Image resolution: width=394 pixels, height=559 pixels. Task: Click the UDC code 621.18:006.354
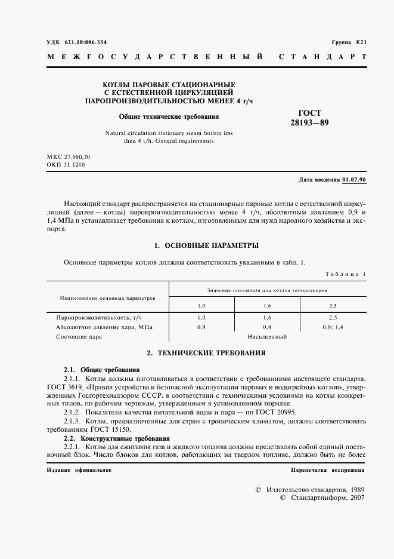80,42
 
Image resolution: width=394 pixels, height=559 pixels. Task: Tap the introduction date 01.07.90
355,180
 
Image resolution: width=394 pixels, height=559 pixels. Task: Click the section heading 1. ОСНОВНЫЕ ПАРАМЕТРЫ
206,245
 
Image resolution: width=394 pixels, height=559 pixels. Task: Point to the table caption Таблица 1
345,274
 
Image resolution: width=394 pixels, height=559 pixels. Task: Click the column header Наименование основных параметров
107,297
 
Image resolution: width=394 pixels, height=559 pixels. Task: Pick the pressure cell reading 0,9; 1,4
334,327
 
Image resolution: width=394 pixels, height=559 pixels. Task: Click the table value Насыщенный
268,337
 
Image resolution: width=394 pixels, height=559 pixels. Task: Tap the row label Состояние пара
79,337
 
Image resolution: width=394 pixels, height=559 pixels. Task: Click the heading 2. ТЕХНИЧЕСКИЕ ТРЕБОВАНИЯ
206,353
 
